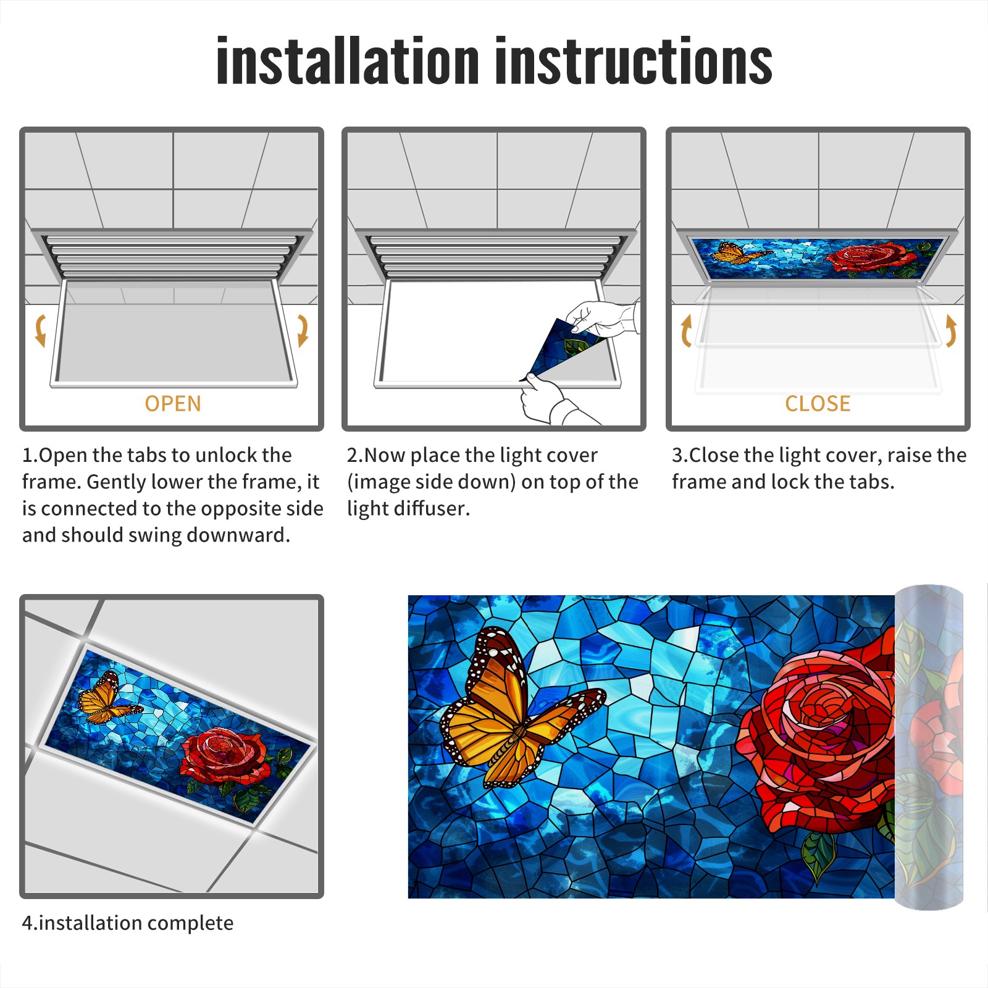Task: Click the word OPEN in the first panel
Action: pyautogui.click(x=173, y=403)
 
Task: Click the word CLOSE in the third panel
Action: pyautogui.click(x=818, y=403)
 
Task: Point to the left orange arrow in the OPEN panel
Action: pyautogui.click(x=40, y=330)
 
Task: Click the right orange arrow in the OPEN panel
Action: pyautogui.click(x=303, y=330)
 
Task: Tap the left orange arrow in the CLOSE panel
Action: pyautogui.click(x=685, y=330)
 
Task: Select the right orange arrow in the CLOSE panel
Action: pyautogui.click(x=952, y=330)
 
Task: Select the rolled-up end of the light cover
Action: pyautogui.click(x=929, y=747)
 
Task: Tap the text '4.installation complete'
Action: pyautogui.click(x=128, y=923)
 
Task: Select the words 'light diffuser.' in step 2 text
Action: pyautogui.click(x=408, y=509)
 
